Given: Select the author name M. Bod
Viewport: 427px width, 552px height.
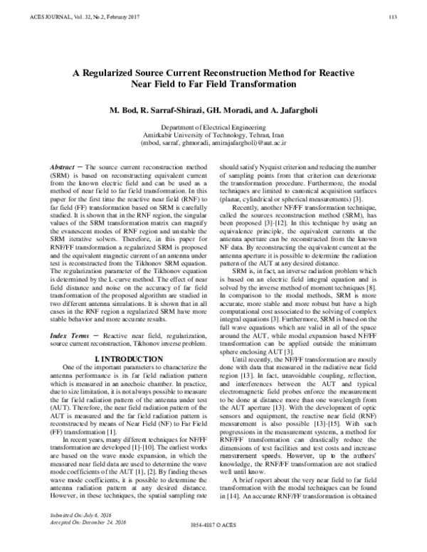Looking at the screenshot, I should tap(123, 112).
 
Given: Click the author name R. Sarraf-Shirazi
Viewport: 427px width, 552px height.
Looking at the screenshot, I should tap(172, 112).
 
